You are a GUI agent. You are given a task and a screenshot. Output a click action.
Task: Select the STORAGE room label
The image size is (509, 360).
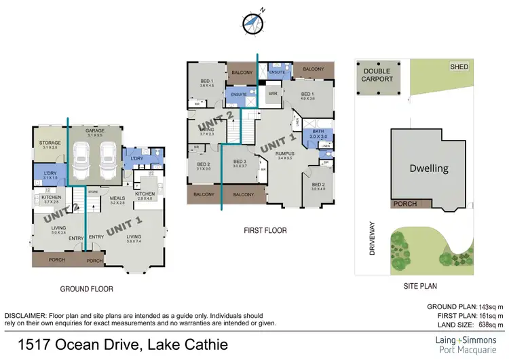click(50, 143)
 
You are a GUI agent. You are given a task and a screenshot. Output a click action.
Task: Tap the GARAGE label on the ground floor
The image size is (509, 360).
click(94, 131)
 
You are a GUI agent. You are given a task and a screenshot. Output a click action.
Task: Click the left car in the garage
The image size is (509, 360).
click(82, 163)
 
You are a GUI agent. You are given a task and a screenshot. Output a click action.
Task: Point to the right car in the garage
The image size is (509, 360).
click(107, 163)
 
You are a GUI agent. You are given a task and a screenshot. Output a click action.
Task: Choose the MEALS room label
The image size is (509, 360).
click(118, 199)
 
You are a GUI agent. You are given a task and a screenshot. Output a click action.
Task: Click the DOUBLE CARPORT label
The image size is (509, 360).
click(378, 75)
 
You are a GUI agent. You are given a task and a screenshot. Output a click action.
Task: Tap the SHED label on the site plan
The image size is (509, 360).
click(459, 67)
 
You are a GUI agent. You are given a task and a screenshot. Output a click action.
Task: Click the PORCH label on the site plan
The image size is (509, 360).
click(406, 204)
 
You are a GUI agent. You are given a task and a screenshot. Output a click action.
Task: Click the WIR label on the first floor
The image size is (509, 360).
click(274, 93)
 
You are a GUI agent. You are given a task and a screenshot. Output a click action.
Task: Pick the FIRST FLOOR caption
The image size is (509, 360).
click(265, 231)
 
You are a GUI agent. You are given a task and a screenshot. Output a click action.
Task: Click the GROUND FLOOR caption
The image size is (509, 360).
click(86, 289)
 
